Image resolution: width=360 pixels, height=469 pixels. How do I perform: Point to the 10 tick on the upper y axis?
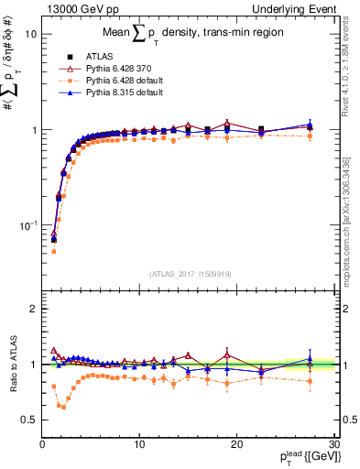30,34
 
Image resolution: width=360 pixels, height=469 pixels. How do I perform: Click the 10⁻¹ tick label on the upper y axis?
27,224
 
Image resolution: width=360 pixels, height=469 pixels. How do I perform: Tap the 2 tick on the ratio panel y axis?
34,310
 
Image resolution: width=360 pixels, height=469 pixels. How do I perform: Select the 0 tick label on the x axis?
42,444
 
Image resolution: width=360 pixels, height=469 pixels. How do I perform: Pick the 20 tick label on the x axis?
236,444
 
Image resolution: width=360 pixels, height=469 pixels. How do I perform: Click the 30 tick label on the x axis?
333,444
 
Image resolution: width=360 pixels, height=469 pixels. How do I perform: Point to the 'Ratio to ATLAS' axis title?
12,365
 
